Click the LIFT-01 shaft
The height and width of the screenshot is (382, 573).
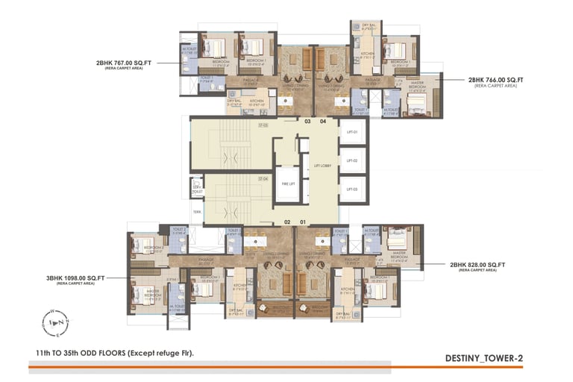tap(353, 132)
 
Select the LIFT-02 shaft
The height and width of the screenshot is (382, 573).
tap(353, 160)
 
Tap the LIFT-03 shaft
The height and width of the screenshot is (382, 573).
tap(353, 189)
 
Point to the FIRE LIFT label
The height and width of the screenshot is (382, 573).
tap(284, 183)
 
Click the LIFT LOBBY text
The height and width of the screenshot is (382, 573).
tap(322, 166)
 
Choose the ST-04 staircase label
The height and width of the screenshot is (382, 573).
tap(263, 179)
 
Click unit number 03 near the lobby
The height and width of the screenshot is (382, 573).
tap(307, 121)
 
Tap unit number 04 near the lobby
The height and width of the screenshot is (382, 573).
tap(323, 121)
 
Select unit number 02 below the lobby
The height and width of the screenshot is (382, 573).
tap(286, 222)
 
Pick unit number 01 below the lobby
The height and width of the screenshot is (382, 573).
tap(303, 222)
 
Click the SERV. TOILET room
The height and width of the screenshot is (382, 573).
tap(197, 189)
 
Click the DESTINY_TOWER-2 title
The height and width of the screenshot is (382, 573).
tap(485, 358)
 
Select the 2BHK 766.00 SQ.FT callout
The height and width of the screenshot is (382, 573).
tap(496, 79)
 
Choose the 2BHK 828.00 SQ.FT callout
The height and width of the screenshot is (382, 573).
tap(477, 265)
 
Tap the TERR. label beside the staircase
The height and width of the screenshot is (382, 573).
tap(197, 212)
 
